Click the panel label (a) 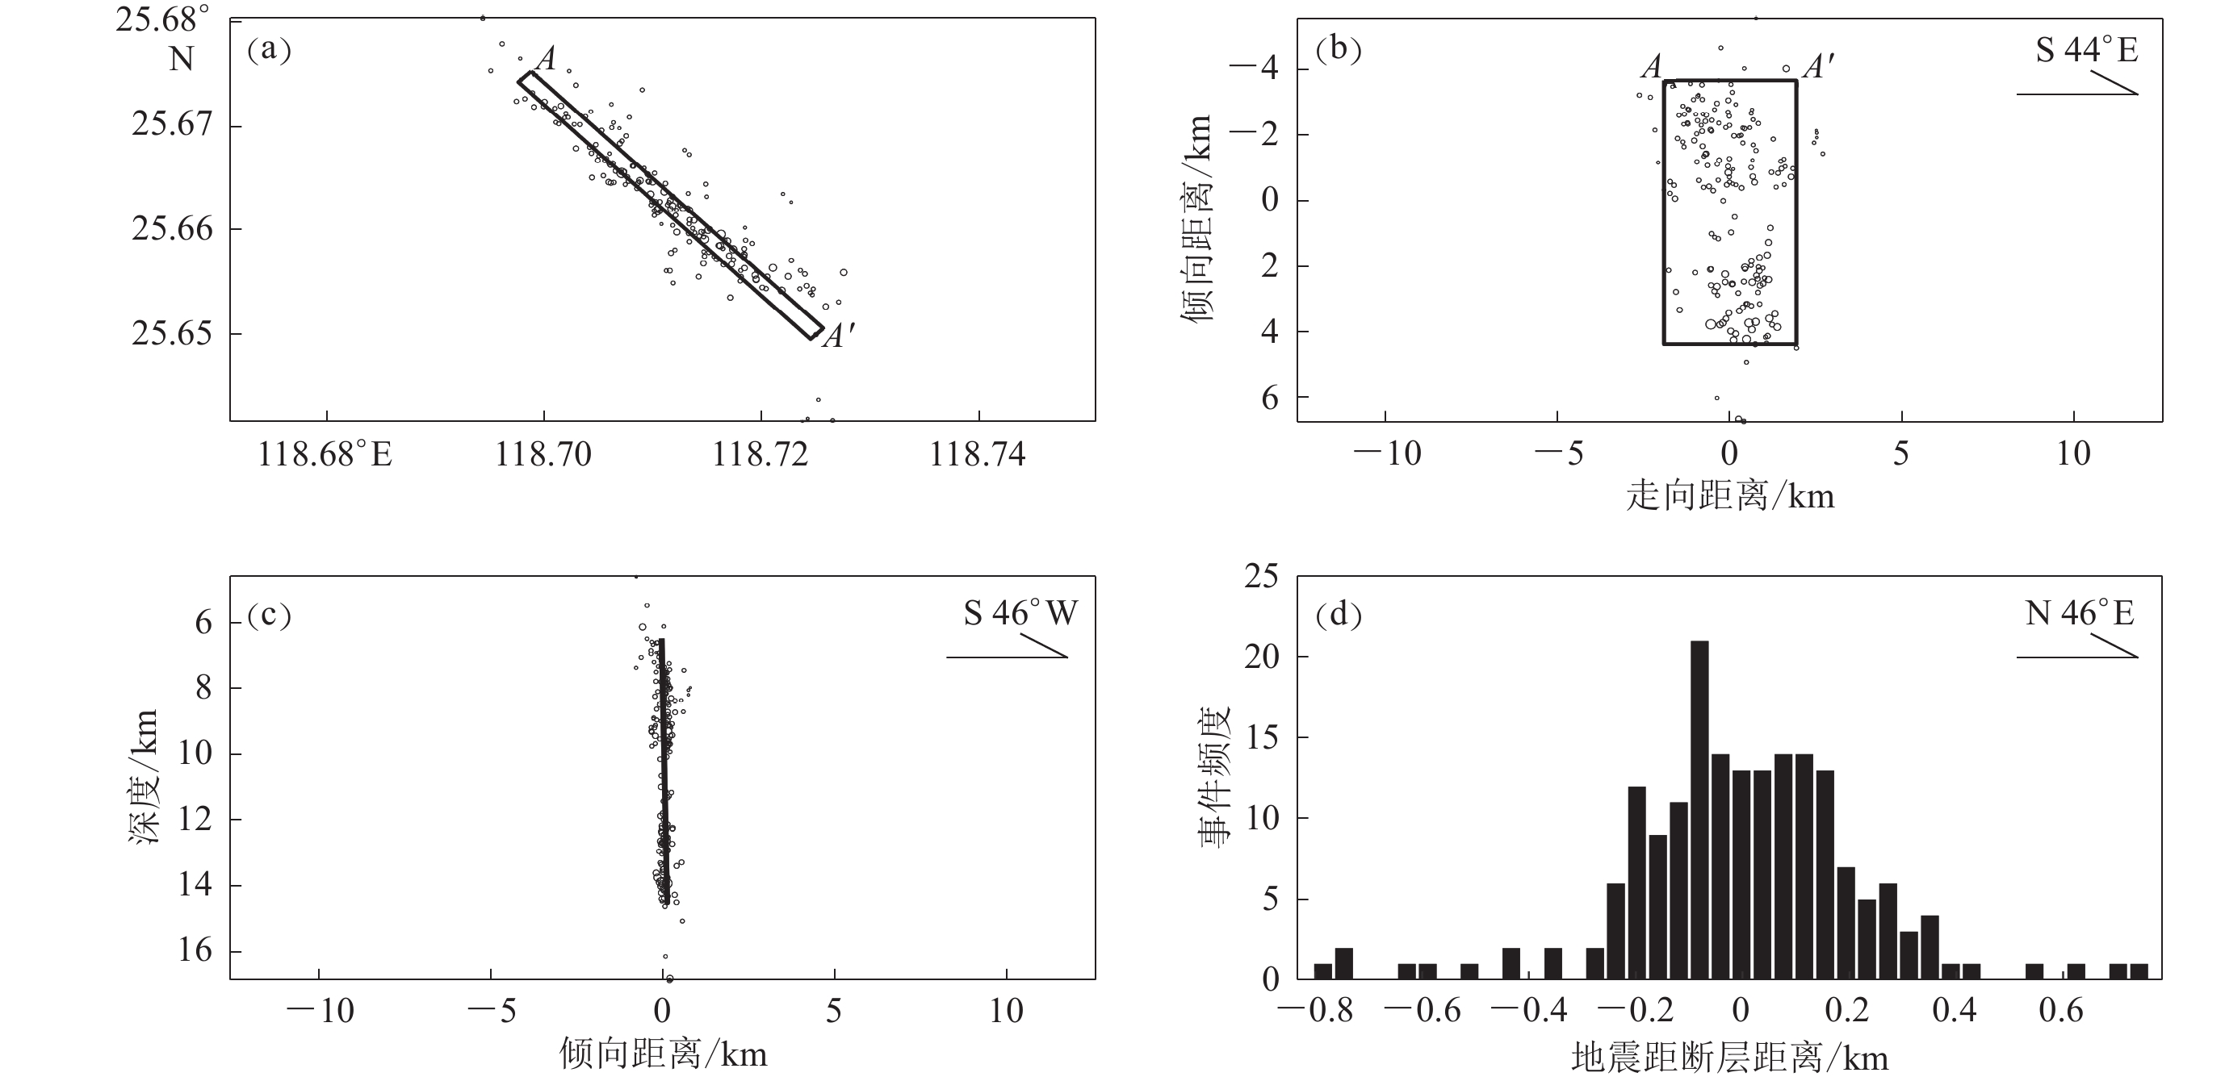tap(269, 50)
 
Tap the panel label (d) tap(1338, 614)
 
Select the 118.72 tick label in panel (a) tap(760, 454)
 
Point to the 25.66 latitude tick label tap(171, 229)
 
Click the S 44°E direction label tap(2086, 50)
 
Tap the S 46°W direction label tap(1020, 613)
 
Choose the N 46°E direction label tap(2079, 613)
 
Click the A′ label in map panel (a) tap(837, 335)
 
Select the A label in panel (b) tap(1651, 66)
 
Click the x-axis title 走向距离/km tap(1729, 496)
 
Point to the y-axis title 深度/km tap(145, 775)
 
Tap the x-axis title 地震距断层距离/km tap(1729, 1058)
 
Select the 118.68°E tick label tap(325, 454)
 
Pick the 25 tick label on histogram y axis tap(1260, 577)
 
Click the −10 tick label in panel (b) tap(1386, 454)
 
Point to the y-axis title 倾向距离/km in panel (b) tap(1196, 219)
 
